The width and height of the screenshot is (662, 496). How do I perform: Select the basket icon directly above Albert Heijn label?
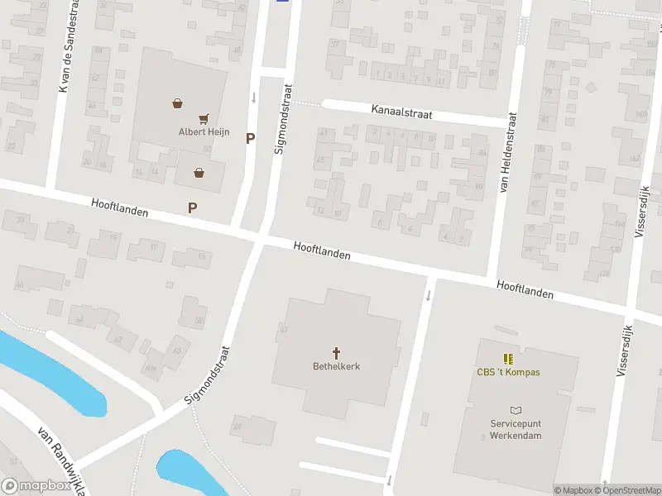177,104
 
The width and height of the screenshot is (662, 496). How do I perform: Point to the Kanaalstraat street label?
401,111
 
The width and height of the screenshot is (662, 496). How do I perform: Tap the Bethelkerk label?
336,366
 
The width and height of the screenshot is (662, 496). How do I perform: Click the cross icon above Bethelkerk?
336,352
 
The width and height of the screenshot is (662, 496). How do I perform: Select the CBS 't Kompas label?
508,372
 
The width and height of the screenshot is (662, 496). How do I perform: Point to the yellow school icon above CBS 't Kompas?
507,359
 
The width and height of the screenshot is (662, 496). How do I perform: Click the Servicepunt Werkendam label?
515,429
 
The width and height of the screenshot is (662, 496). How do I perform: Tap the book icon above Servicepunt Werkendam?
516,410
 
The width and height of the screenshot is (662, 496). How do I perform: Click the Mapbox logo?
36,486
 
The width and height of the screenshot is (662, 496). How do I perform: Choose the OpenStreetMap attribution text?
626,490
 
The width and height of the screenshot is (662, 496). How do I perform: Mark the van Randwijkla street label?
62,460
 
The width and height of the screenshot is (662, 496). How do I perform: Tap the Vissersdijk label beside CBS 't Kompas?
623,351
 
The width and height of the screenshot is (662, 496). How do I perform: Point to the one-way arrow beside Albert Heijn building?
254,98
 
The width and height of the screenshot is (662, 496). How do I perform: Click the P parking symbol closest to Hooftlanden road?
193,208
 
